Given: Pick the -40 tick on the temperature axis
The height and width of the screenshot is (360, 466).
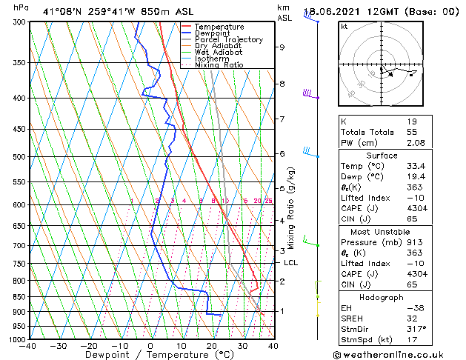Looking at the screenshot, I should coord(28,346).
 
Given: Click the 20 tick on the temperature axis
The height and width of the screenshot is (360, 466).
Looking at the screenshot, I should coord(211,346).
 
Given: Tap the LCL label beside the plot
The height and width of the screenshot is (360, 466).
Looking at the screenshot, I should coord(290,263).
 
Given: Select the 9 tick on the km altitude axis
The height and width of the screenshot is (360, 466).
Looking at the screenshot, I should coord(282,47).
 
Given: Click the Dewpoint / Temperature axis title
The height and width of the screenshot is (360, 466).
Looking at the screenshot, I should coord(150,356).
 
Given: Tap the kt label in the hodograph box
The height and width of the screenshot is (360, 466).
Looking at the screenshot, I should coord(344,26).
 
